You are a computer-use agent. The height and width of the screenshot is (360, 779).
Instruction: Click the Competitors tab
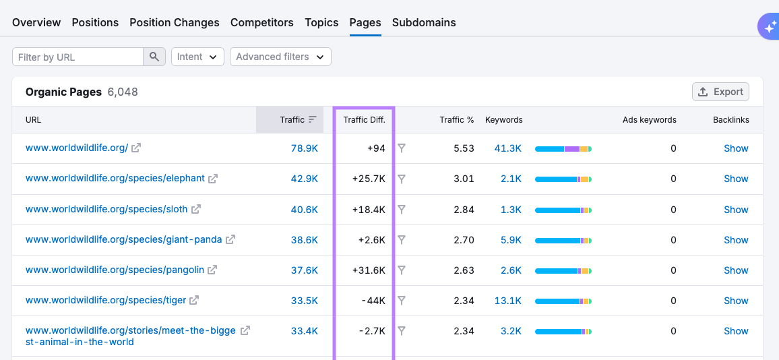pos(261,22)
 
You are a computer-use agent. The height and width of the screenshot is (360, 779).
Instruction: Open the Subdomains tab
pos(424,22)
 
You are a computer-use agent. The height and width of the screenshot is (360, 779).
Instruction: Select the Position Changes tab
pos(175,22)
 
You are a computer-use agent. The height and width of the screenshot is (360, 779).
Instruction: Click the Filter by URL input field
pos(77,57)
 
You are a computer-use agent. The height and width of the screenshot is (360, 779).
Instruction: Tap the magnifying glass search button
pos(154,57)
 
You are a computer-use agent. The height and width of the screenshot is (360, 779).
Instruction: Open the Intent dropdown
pos(197,57)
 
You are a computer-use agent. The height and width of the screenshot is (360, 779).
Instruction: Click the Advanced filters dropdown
pos(280,57)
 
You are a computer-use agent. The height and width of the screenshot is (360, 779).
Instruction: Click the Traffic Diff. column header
pos(364,120)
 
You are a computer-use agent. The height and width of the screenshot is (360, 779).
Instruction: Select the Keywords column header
pos(503,120)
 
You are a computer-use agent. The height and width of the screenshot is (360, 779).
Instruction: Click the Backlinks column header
pos(730,120)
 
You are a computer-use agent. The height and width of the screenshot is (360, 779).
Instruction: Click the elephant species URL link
pos(115,179)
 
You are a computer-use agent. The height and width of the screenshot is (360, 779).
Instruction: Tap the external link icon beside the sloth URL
pos(196,210)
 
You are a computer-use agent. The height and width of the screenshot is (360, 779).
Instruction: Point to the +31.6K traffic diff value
pos(369,270)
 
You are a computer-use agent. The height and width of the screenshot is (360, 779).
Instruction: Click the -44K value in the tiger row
pos(372,301)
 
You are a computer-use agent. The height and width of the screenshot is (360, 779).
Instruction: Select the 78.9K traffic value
pos(304,148)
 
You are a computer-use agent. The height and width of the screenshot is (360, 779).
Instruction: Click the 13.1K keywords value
pos(507,301)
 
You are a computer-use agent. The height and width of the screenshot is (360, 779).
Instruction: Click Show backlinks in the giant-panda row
pos(736,240)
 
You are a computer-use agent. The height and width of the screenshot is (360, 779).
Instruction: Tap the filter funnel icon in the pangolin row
pos(402,270)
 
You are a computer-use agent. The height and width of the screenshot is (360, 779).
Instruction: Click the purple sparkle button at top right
pos(768,27)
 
